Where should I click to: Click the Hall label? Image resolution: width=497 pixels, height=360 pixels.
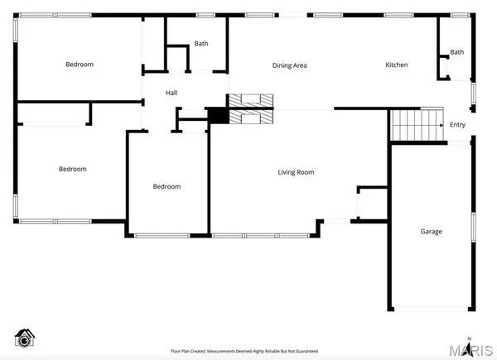click(171, 94)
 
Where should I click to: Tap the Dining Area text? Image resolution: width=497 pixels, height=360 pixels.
click(290, 65)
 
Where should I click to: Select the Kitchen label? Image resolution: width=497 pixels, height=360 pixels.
click(396, 65)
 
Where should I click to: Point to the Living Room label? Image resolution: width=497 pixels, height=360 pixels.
click(296, 172)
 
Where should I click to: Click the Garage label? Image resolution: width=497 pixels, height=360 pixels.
click(431, 232)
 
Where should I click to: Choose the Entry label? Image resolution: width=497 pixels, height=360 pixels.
click(457, 126)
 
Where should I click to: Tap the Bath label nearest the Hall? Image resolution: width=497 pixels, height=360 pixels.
click(201, 44)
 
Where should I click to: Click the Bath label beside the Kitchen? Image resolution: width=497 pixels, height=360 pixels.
click(457, 53)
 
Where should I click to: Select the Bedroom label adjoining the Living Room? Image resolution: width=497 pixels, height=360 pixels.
click(166, 187)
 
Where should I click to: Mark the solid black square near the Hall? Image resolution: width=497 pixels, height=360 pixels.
click(218, 117)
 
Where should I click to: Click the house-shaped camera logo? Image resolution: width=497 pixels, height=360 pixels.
click(26, 337)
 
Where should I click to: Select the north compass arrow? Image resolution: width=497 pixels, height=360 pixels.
click(470, 347)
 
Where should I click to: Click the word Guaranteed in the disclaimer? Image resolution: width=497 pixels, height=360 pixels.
click(303, 351)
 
